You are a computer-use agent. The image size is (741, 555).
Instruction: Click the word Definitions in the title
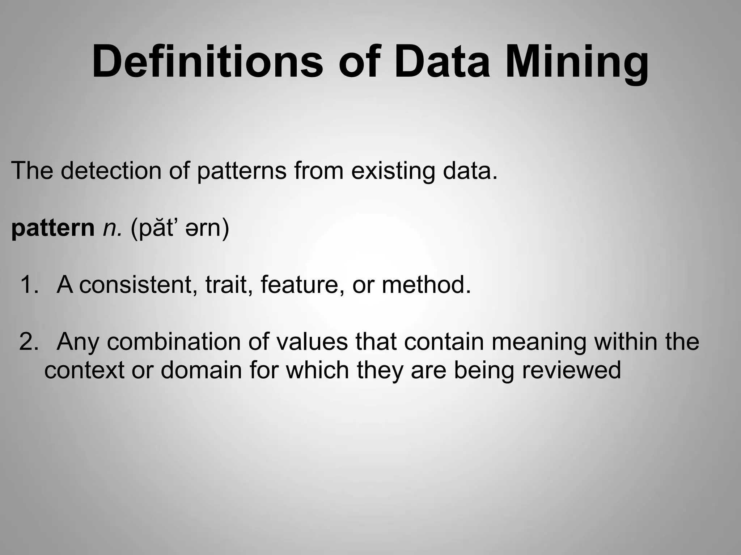point(207,61)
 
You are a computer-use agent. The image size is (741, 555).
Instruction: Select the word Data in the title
point(441,61)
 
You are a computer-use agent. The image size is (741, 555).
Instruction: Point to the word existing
point(393,172)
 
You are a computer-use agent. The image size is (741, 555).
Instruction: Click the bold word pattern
point(53,229)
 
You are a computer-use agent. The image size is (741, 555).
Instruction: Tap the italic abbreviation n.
point(113,229)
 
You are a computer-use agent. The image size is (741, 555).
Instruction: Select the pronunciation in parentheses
point(180,229)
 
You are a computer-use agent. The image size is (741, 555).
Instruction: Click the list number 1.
point(29,285)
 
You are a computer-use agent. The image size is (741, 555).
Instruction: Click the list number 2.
point(29,342)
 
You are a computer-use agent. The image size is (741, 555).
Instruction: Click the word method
point(426,285)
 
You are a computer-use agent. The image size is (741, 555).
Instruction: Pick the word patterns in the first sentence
point(242,172)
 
